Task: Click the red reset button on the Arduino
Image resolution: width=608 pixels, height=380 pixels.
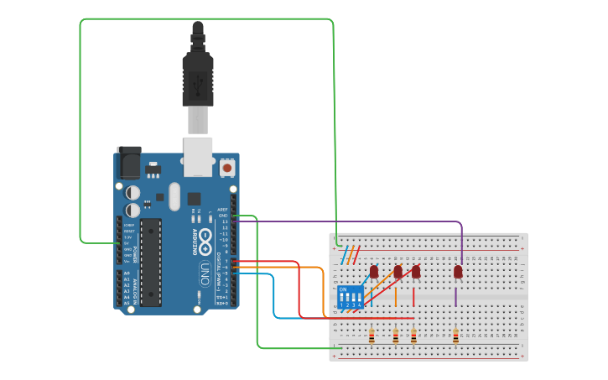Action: (x=226, y=169)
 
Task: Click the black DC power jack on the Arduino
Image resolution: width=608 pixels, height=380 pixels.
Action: (x=128, y=161)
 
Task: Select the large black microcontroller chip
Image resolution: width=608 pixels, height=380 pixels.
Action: (x=150, y=260)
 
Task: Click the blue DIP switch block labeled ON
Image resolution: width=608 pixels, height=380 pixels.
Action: (x=350, y=297)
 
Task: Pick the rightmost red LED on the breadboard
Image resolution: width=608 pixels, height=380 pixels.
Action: (x=458, y=271)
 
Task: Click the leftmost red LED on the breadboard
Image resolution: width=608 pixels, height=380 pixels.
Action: (x=374, y=271)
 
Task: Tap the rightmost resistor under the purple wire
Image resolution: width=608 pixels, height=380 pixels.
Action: (x=455, y=336)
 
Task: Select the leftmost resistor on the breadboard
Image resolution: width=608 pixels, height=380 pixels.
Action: (x=372, y=336)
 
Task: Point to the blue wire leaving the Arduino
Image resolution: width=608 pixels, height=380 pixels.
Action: (x=274, y=294)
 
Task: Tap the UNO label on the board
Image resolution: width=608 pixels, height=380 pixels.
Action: (x=204, y=273)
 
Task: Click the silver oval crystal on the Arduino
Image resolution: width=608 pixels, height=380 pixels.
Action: (x=174, y=197)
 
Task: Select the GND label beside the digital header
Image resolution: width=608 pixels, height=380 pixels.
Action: (x=223, y=216)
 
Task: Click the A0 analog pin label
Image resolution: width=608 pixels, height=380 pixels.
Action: (x=127, y=273)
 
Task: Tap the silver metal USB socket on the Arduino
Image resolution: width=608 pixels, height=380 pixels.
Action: (x=198, y=156)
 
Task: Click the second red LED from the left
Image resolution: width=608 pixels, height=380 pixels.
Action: (x=398, y=271)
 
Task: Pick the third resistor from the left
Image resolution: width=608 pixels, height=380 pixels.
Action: (x=413, y=336)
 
